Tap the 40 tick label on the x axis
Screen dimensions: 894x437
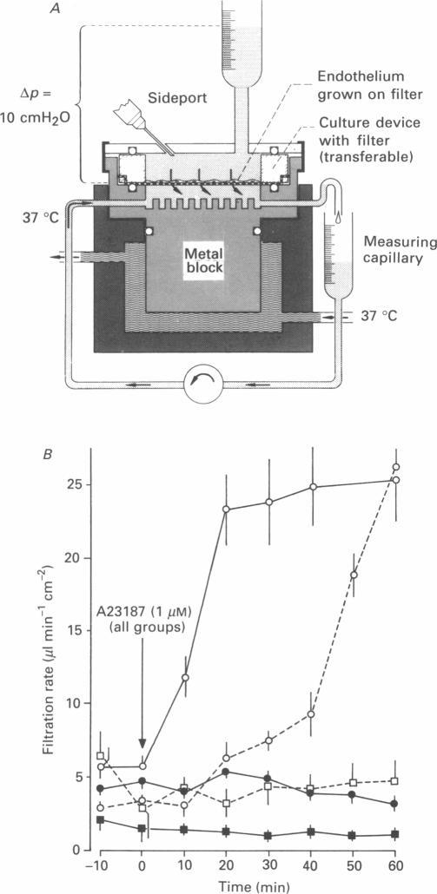pyautogui.click(x=311, y=867)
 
